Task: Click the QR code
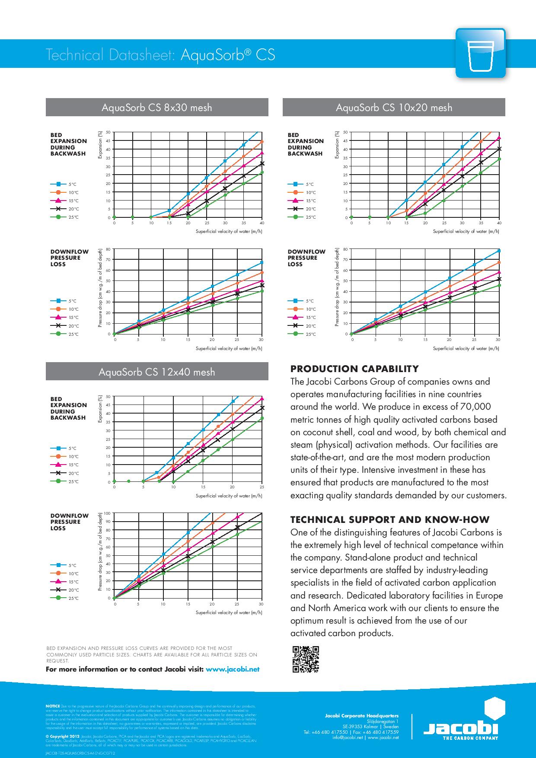pyautogui.click(x=306, y=659)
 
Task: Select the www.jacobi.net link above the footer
pyautogui.click(x=233, y=669)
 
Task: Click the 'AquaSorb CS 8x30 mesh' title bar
pyautogui.click(x=157, y=107)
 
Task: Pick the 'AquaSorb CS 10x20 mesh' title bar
pyautogui.click(x=394, y=107)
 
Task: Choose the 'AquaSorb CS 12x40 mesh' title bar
pyautogui.click(x=157, y=372)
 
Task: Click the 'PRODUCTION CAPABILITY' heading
pyautogui.click(x=354, y=369)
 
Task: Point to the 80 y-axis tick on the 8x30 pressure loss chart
pyautogui.click(x=108, y=249)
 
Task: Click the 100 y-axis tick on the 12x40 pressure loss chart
pyautogui.click(x=108, y=513)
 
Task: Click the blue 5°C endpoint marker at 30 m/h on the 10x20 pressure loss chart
pyautogui.click(x=499, y=251)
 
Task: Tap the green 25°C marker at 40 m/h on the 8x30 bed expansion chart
pyautogui.click(x=262, y=172)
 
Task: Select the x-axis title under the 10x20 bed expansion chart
pyautogui.click(x=466, y=231)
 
